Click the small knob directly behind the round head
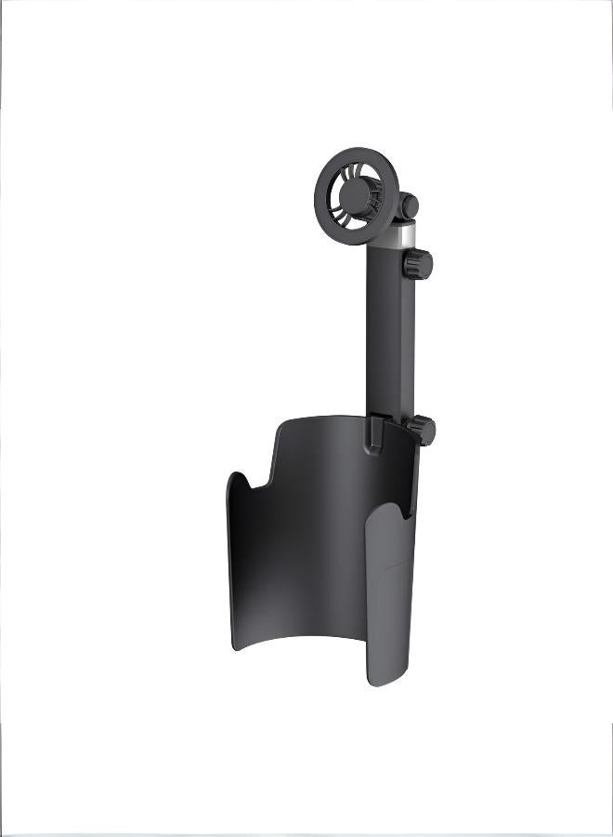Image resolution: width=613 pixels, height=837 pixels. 408,206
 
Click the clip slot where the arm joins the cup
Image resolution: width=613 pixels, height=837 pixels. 372,435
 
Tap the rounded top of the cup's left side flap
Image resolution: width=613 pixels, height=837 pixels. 236,477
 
